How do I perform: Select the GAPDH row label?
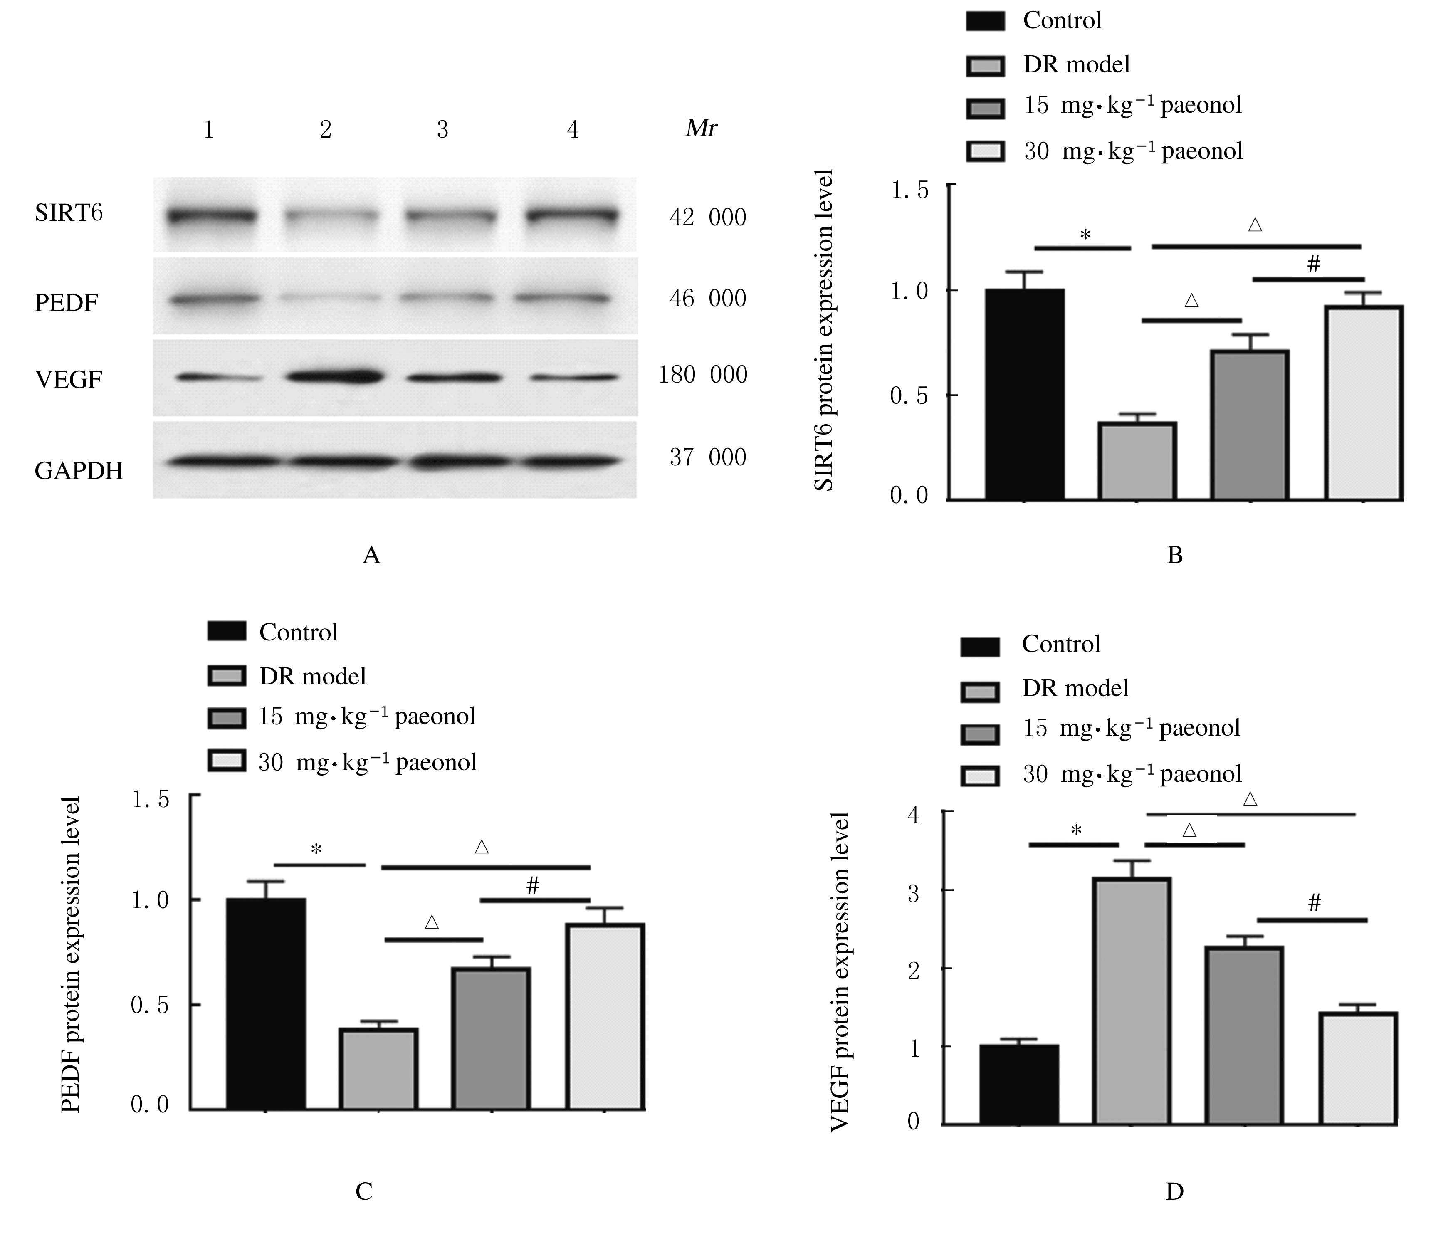(79, 470)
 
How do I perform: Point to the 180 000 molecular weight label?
(703, 375)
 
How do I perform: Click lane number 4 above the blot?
(573, 130)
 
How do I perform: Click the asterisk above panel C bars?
(316, 850)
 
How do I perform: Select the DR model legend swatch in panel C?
(227, 675)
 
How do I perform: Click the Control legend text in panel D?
(1061, 644)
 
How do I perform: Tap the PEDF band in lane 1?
(213, 299)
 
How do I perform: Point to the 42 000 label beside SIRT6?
(707, 217)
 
